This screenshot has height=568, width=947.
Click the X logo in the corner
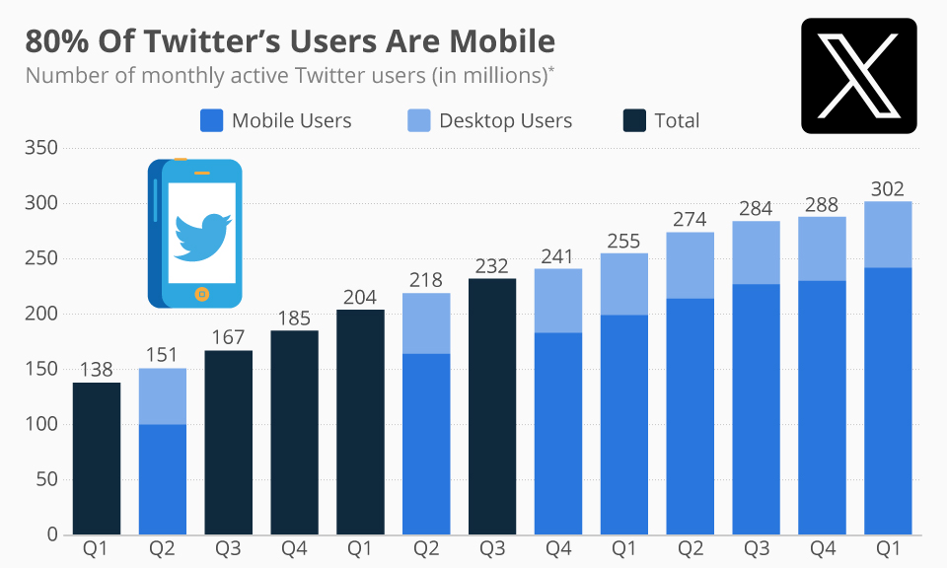pyautogui.click(x=858, y=76)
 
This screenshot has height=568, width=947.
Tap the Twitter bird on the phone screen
pyautogui.click(x=201, y=235)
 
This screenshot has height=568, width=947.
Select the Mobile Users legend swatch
pyautogui.click(x=211, y=120)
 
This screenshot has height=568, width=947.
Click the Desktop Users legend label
pyautogui.click(x=505, y=120)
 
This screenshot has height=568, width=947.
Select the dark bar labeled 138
pyautogui.click(x=97, y=459)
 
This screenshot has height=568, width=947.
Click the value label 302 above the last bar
pyautogui.click(x=888, y=189)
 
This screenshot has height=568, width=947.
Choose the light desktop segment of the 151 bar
pyautogui.click(x=163, y=396)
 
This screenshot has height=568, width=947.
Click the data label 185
pyautogui.click(x=294, y=319)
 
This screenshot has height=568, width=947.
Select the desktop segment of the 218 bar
pyautogui.click(x=426, y=323)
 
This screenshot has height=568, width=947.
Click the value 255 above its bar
pyautogui.click(x=624, y=242)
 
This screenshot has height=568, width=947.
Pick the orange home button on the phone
pyautogui.click(x=201, y=293)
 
